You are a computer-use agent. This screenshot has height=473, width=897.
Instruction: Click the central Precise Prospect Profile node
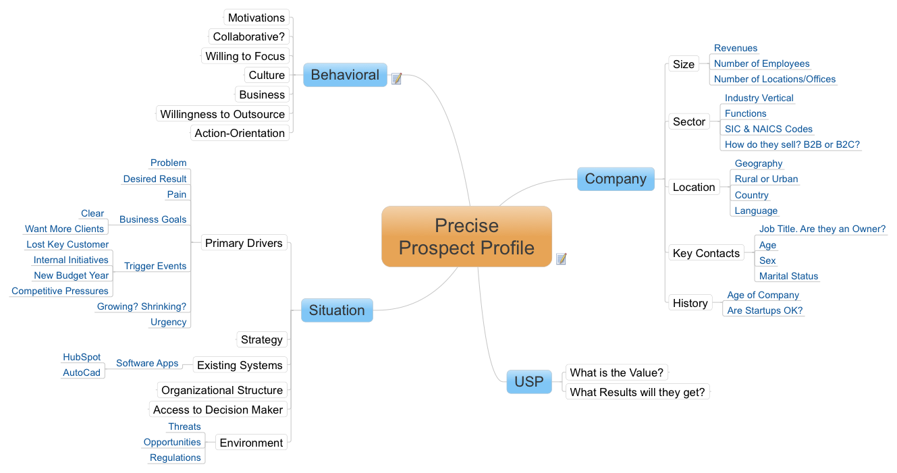[x=466, y=236]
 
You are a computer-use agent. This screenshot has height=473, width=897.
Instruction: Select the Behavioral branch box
[x=345, y=75]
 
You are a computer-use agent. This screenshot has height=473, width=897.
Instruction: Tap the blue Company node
[x=616, y=179]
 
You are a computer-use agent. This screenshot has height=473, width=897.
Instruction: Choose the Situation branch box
[x=337, y=310]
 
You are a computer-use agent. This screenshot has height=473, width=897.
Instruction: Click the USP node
[x=529, y=382]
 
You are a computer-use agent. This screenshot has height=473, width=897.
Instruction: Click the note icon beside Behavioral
[x=396, y=78]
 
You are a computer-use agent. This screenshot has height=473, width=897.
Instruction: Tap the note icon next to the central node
[x=562, y=259]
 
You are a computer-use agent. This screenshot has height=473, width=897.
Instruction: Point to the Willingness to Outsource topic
[x=222, y=114]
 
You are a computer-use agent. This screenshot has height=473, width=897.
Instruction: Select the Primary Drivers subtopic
[x=244, y=243]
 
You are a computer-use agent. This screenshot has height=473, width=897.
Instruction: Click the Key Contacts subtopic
[x=706, y=253]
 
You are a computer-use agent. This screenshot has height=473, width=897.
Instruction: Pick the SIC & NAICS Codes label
[x=769, y=129]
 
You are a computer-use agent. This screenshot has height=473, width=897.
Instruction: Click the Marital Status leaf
[x=788, y=276]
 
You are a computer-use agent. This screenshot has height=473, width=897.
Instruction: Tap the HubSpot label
[x=82, y=357]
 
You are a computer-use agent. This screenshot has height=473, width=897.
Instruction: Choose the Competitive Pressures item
[x=59, y=291]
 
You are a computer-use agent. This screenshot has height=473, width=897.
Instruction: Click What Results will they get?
[x=637, y=392]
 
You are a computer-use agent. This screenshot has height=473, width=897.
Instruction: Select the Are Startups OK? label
[x=765, y=310]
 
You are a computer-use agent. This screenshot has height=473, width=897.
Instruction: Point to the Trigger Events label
[x=155, y=266]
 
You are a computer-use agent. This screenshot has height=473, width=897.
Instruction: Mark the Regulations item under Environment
[x=175, y=457]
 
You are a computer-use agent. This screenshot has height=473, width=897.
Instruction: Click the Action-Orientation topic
[x=240, y=133]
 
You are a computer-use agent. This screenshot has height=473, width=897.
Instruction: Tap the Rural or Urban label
[x=766, y=179]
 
